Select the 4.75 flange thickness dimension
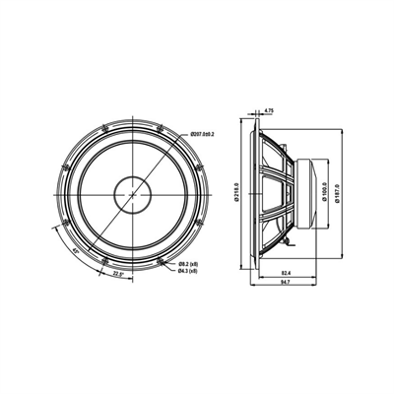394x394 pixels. tap(269, 112)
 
